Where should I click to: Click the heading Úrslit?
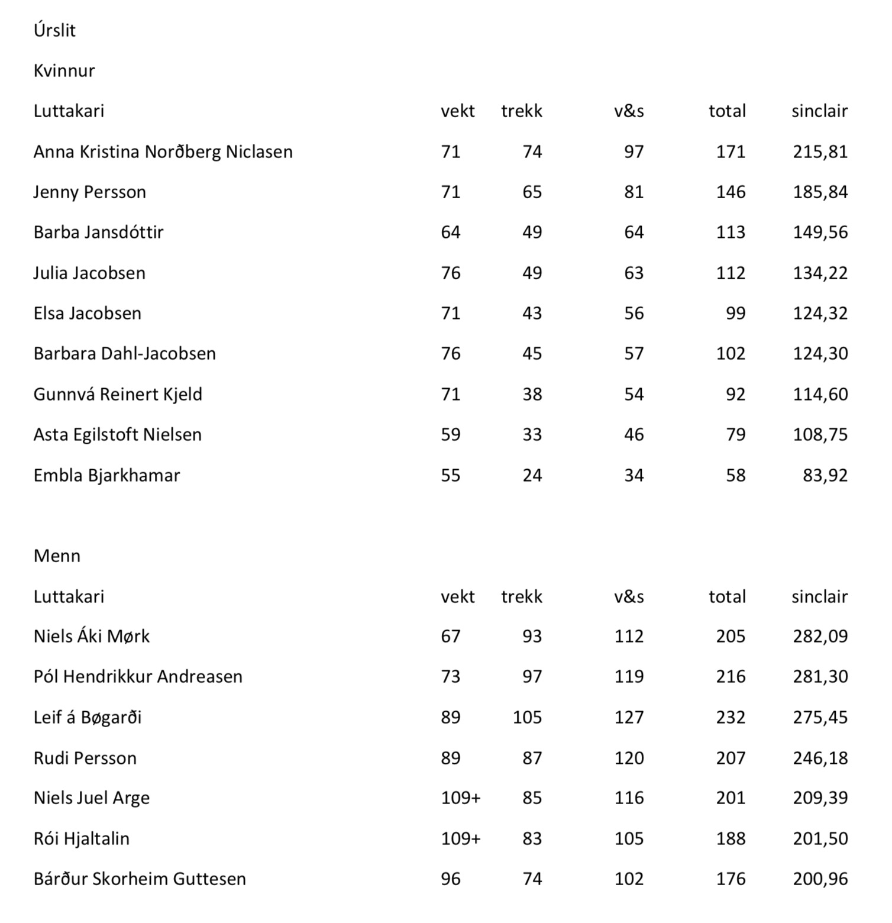(54, 30)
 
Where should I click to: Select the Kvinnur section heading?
(64, 70)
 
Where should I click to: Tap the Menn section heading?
(57, 556)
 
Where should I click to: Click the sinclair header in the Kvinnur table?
(819, 111)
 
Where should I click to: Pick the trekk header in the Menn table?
(521, 596)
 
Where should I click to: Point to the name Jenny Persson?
(89, 192)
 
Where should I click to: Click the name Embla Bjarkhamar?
(106, 475)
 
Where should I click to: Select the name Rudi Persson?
(85, 758)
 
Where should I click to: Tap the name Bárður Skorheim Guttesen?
(140, 879)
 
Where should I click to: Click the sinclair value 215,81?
(820, 151)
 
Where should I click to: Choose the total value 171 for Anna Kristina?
(731, 151)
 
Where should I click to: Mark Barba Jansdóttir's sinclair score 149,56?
(820, 232)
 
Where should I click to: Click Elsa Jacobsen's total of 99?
(735, 313)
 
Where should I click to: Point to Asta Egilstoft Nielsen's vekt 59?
(450, 434)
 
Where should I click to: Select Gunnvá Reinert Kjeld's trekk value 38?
(532, 394)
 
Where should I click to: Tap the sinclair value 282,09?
(820, 636)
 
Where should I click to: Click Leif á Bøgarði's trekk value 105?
(527, 717)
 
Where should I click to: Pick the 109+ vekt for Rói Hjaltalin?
(460, 838)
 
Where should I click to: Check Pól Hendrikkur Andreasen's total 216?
(731, 676)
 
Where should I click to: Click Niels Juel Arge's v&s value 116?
(629, 798)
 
